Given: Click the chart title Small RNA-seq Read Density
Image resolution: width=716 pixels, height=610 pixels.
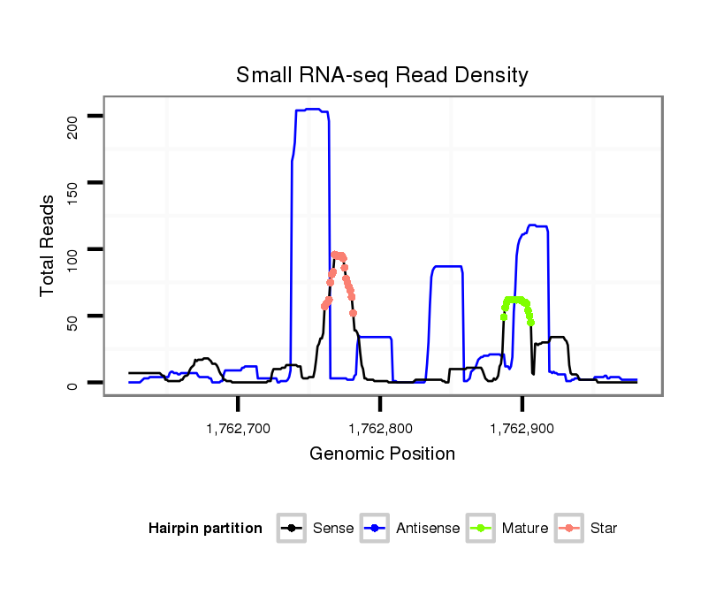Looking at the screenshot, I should point(382,75).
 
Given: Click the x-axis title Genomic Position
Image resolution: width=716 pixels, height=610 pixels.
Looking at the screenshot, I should point(382,454).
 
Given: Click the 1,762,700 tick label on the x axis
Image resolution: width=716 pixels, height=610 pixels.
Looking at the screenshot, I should point(239,429).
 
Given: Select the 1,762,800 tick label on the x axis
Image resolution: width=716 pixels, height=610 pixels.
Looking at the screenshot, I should point(381,429).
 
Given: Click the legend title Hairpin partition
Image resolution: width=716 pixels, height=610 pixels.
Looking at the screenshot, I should point(205,529).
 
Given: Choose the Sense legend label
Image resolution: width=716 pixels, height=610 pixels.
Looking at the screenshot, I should point(333,529).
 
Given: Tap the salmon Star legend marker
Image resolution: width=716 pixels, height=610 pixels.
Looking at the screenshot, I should point(568,529).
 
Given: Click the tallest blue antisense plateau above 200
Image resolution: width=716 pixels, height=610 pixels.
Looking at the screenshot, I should point(311,110).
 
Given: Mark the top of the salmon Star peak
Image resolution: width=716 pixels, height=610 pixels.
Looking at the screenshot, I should point(335,254).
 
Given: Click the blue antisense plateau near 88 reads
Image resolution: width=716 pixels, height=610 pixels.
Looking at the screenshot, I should point(447,266).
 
